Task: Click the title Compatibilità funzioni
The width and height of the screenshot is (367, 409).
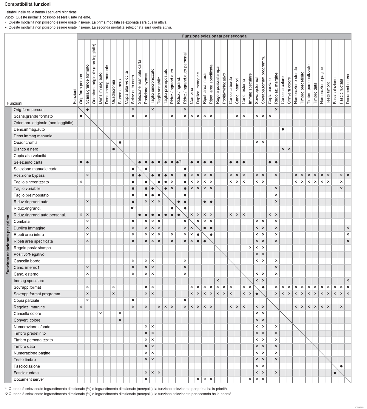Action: click(x=27, y=4)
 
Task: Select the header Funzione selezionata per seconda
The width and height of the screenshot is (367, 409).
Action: click(x=214, y=36)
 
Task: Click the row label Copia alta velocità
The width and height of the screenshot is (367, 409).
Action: click(x=30, y=156)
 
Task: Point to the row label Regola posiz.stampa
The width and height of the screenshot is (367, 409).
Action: click(x=32, y=248)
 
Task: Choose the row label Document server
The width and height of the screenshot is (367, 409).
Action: click(x=29, y=379)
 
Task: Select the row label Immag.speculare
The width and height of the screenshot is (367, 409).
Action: click(x=29, y=281)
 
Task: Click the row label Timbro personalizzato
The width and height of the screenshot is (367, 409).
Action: click(x=33, y=340)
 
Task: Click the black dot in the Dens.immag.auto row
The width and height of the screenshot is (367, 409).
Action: click(x=283, y=130)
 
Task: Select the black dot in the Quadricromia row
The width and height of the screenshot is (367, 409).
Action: click(x=120, y=143)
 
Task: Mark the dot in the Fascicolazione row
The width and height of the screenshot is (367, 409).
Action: click(x=341, y=366)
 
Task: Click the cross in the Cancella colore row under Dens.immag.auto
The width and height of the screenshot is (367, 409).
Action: click(x=101, y=313)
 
